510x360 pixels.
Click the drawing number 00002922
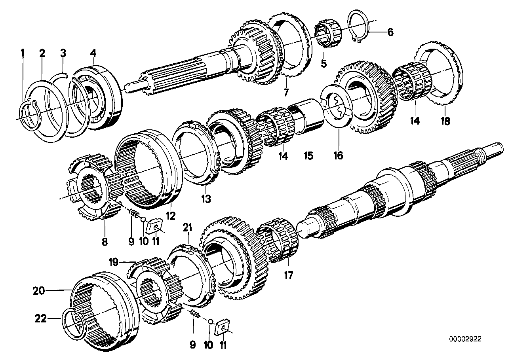click(466, 339)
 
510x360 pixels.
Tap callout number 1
click(23, 53)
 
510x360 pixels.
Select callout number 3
click(63, 53)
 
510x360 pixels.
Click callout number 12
click(171, 216)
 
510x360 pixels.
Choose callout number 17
click(289, 275)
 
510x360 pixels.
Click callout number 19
click(114, 261)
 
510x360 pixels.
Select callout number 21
click(188, 227)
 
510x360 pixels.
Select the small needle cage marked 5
click(325, 36)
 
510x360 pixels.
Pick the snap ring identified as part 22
click(74, 322)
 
